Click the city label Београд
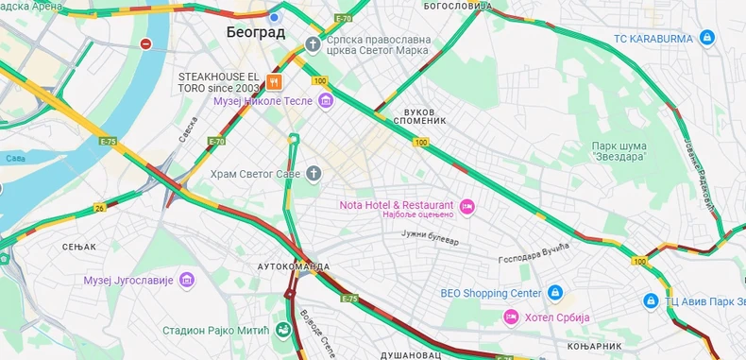click(x=255, y=32)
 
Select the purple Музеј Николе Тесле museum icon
click(x=326, y=101)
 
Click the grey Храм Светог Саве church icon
click(x=314, y=173)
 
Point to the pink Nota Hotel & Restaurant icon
click(x=466, y=206)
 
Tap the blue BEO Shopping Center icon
click(x=555, y=293)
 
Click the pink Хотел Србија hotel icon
click(x=511, y=317)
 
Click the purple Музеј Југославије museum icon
click(x=187, y=281)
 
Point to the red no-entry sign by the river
click(x=145, y=43)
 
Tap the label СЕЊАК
click(x=79, y=247)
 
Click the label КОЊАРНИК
click(x=595, y=346)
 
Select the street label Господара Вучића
click(x=534, y=252)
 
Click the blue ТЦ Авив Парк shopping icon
click(x=651, y=300)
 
